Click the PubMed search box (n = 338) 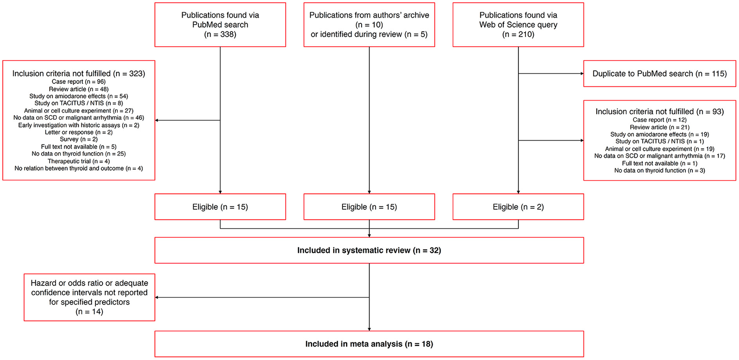click(x=220, y=25)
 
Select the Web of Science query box click(x=518, y=25)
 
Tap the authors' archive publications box click(x=369, y=25)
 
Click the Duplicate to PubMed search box click(x=659, y=74)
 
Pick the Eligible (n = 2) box click(x=518, y=207)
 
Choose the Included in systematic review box click(x=369, y=250)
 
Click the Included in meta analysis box click(x=369, y=344)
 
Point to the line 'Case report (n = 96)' click(x=79, y=82)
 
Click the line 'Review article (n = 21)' click(x=659, y=127)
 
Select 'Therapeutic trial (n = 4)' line click(x=79, y=161)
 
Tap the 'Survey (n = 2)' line click(x=79, y=139)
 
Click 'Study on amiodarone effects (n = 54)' click(x=79, y=96)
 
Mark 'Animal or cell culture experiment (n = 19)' click(x=659, y=149)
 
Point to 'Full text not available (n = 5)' click(x=79, y=147)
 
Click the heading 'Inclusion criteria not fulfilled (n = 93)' click(x=659, y=112)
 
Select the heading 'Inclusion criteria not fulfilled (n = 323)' click(x=79, y=74)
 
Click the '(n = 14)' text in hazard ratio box click(x=89, y=312)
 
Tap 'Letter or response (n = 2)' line click(x=79, y=132)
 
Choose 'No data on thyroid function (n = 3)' click(x=659, y=171)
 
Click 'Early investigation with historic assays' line click(x=79, y=125)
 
